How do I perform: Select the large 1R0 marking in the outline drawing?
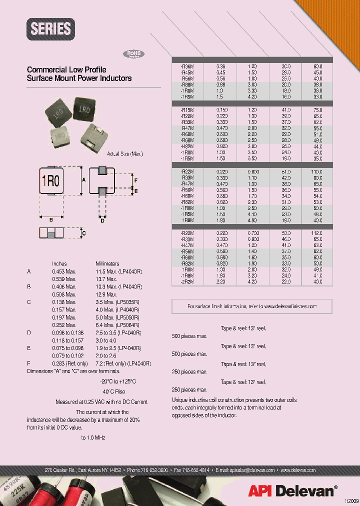(50, 180)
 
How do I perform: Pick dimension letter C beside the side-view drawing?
(83, 233)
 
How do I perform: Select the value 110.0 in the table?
(317, 171)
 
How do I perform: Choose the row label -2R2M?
(187, 281)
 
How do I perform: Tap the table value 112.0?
(317, 233)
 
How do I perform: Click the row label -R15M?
(187, 109)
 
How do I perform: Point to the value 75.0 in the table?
(317, 109)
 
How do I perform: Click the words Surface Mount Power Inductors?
(79, 78)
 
